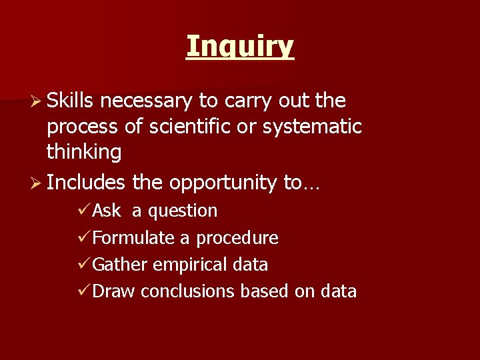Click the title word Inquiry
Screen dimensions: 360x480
click(x=240, y=47)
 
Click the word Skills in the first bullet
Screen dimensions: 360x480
click(x=72, y=101)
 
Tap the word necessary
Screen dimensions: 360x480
click(x=148, y=101)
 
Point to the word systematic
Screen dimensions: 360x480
click(x=313, y=127)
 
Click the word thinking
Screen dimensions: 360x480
click(x=84, y=152)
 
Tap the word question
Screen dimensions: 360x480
click(x=183, y=211)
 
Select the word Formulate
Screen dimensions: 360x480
click(x=134, y=238)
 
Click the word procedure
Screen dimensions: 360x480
click(x=237, y=238)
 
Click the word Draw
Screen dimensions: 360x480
click(x=115, y=291)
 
